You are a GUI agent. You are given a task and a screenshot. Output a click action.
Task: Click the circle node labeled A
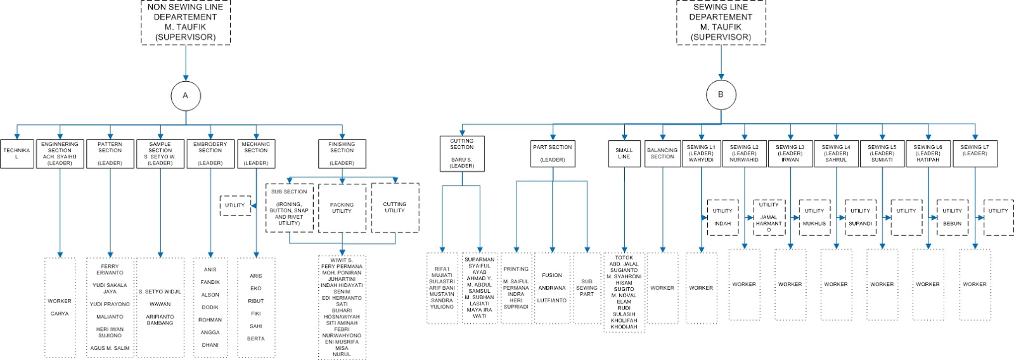coord(186,96)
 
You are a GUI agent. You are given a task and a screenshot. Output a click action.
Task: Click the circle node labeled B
coord(721,95)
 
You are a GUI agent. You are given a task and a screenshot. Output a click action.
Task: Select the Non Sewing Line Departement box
coord(185,22)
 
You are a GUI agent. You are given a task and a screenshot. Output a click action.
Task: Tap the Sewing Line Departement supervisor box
coord(721,22)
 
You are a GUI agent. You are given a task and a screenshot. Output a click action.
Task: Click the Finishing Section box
coord(342,153)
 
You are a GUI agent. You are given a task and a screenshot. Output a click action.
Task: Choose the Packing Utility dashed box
coord(342,208)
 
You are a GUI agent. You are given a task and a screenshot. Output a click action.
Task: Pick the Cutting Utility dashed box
coord(395,207)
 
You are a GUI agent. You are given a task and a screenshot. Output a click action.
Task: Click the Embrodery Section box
coord(210,153)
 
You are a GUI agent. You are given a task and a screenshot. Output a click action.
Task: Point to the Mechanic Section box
coord(256,153)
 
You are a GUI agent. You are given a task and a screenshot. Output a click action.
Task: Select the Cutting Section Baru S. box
coord(462,153)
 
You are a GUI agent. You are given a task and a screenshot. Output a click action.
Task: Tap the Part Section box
coord(553,153)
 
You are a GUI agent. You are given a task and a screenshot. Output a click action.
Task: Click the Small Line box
coord(624,153)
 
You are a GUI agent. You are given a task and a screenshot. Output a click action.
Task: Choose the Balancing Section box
coord(662,153)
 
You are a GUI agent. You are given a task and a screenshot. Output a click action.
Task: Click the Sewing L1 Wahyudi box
coord(701,153)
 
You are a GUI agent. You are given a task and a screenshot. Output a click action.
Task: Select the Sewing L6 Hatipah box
coord(928,153)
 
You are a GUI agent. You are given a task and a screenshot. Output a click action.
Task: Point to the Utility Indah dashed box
coord(722,217)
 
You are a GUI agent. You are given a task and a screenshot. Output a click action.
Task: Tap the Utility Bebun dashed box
coord(952,217)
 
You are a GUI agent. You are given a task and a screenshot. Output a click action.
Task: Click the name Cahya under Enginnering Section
coord(60,314)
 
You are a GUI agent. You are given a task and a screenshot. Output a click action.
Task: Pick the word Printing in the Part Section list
coord(516,269)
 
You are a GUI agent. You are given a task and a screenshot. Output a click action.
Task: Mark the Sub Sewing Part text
coord(587,288)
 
